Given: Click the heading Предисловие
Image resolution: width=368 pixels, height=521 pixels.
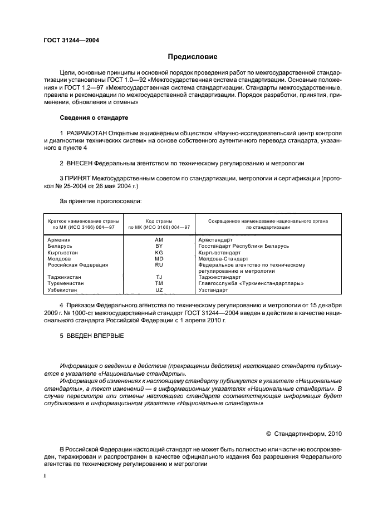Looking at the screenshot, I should point(193,57).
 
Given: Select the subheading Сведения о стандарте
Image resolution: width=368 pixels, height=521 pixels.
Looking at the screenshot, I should point(94,118).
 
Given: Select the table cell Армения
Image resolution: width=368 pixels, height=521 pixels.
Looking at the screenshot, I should point(59,239).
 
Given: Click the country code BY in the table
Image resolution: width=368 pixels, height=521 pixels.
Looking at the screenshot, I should point(159,245).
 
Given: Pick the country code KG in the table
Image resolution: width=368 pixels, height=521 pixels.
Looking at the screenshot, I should point(159,252).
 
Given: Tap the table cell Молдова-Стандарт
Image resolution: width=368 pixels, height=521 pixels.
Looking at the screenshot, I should point(225,258).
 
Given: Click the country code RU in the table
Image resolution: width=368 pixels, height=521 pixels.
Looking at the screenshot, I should point(159,265).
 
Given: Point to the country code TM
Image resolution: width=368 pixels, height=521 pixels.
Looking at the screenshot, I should point(159,283).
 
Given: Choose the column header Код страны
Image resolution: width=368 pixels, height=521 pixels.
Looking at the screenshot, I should point(159,221).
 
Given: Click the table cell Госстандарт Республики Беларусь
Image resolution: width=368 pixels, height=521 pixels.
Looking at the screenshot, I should point(244,245).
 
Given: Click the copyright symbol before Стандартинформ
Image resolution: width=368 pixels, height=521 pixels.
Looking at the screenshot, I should point(268,433).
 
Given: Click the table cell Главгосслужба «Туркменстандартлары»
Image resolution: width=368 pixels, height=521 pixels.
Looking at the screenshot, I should point(251,283).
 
